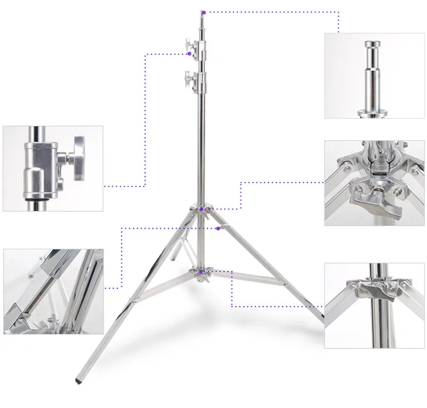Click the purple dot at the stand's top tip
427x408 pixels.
(x=203, y=11)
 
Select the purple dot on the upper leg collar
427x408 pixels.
(x=201, y=210)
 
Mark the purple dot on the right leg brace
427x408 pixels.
(x=219, y=228)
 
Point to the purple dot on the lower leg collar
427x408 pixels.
(x=201, y=273)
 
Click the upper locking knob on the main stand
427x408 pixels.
(x=189, y=45)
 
